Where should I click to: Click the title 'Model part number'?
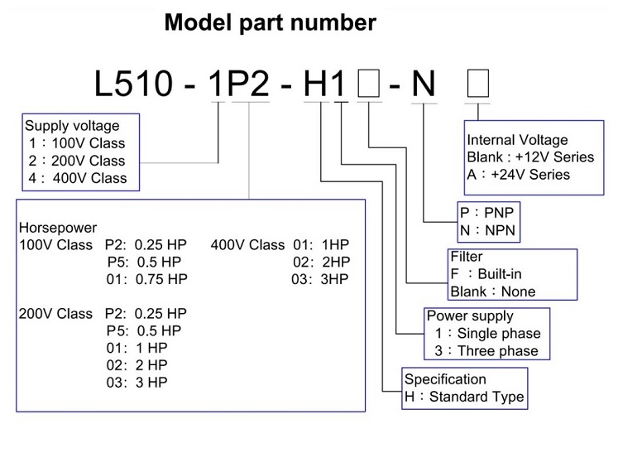[270, 22]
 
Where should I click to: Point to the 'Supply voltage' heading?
[72, 126]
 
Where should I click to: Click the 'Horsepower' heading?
[57, 228]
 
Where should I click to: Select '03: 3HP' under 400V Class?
[320, 279]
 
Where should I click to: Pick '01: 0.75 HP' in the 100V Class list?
[147, 279]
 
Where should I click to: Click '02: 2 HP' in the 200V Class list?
[137, 365]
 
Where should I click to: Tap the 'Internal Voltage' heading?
[517, 140]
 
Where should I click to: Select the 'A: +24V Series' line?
[519, 175]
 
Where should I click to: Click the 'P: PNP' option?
[487, 212]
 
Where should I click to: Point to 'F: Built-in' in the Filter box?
[486, 274]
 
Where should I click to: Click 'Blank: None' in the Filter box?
[492, 292]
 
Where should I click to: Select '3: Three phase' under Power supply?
[486, 351]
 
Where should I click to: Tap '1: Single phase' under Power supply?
[487, 334]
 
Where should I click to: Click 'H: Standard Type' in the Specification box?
[464, 398]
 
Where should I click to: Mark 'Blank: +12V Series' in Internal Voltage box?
[530, 157]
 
